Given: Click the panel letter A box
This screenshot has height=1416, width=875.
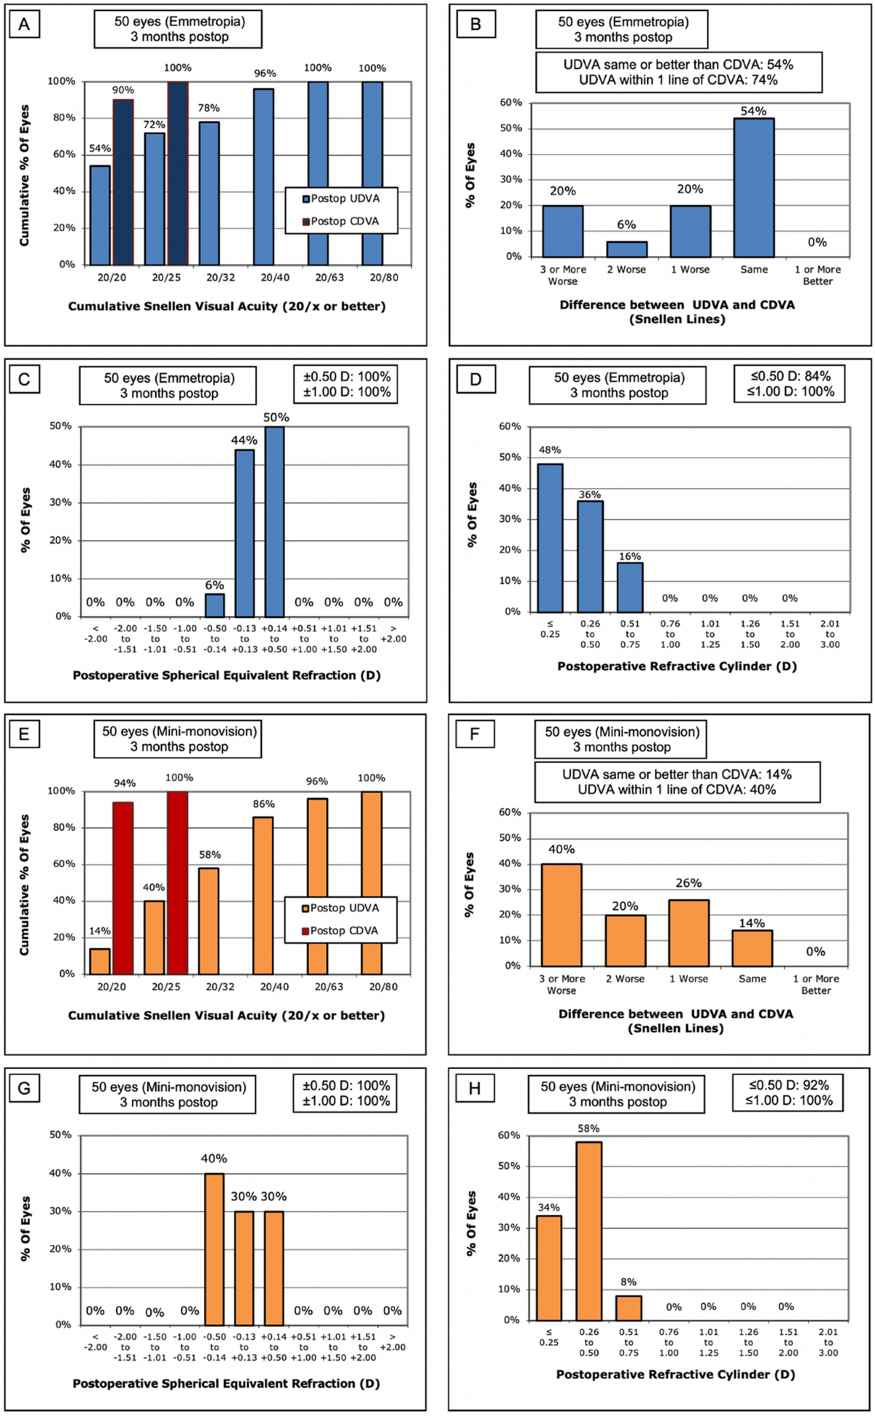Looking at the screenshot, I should click(x=24, y=25).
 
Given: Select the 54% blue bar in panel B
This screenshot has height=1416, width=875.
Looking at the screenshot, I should click(x=754, y=187).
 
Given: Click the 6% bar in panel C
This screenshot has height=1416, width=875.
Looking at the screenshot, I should click(x=214, y=605).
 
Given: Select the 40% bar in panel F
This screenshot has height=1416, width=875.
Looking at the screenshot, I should click(x=561, y=915).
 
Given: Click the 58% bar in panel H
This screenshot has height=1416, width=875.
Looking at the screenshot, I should click(x=589, y=1231).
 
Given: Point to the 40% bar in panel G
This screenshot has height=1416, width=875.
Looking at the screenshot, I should click(x=214, y=1249).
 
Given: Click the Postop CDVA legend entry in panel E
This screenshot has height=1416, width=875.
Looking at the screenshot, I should click(x=343, y=931).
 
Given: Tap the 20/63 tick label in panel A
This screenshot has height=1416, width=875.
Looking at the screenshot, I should click(x=317, y=278).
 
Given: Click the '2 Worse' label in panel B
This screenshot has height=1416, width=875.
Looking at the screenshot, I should click(x=626, y=270).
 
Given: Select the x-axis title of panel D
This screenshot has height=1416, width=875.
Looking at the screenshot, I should click(x=677, y=666).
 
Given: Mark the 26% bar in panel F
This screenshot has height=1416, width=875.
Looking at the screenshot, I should click(x=689, y=933).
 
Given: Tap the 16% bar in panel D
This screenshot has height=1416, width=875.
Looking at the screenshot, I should click(x=630, y=587).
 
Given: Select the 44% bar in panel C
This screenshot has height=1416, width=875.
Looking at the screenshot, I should click(x=244, y=533).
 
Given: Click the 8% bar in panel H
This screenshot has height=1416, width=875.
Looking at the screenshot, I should click(x=629, y=1307).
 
